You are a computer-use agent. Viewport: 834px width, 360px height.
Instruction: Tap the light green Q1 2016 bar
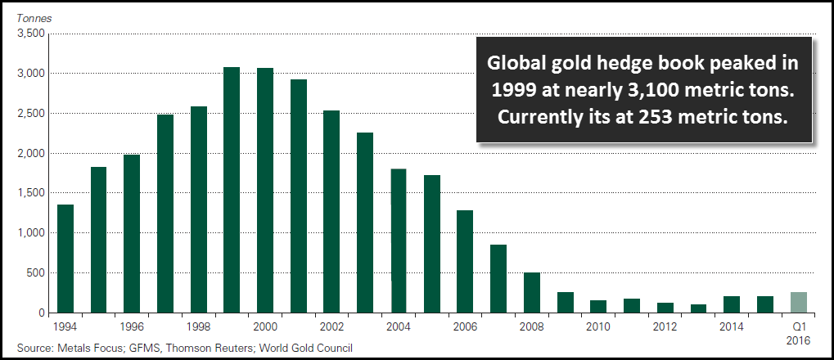[x=798, y=303]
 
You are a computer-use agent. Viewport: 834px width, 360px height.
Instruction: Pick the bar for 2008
[x=531, y=293]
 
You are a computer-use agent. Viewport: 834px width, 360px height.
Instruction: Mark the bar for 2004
[x=399, y=241]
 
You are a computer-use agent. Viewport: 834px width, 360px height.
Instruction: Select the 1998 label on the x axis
[x=198, y=326]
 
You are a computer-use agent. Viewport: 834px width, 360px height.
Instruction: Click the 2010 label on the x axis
[x=598, y=326]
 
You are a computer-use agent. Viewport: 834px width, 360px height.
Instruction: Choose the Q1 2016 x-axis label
[x=798, y=331]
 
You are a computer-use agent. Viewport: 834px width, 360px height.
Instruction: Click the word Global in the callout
[x=514, y=64]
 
